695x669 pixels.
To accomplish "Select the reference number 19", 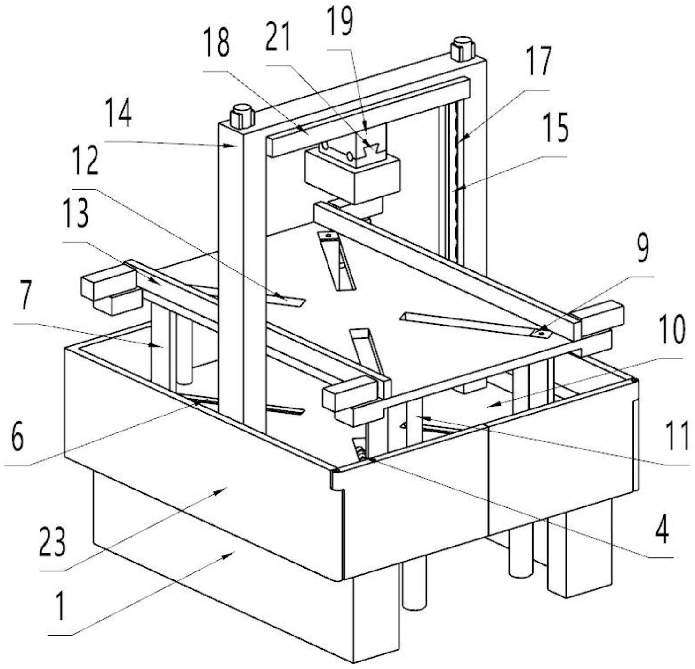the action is pyautogui.click(x=340, y=22).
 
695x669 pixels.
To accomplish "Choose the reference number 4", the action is pyautogui.click(x=662, y=530).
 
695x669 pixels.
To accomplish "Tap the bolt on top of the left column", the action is pyautogui.click(x=242, y=116).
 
